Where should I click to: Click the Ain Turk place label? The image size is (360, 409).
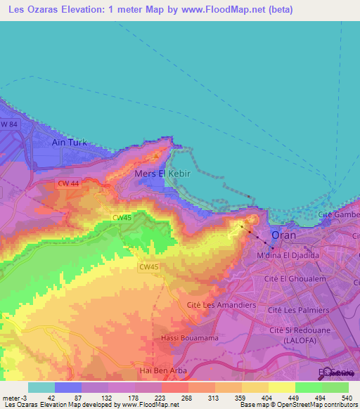[69, 142]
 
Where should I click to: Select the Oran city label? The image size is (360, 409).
[283, 235]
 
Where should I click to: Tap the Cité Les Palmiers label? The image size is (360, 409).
[298, 310]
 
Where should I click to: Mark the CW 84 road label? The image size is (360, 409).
[8, 124]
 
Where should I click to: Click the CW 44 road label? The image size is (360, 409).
[67, 183]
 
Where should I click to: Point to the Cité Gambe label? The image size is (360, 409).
[338, 214]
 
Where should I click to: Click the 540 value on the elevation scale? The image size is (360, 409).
[345, 397]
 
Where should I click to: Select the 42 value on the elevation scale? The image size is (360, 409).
[52, 397]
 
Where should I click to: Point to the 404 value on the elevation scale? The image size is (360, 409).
[265, 397]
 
